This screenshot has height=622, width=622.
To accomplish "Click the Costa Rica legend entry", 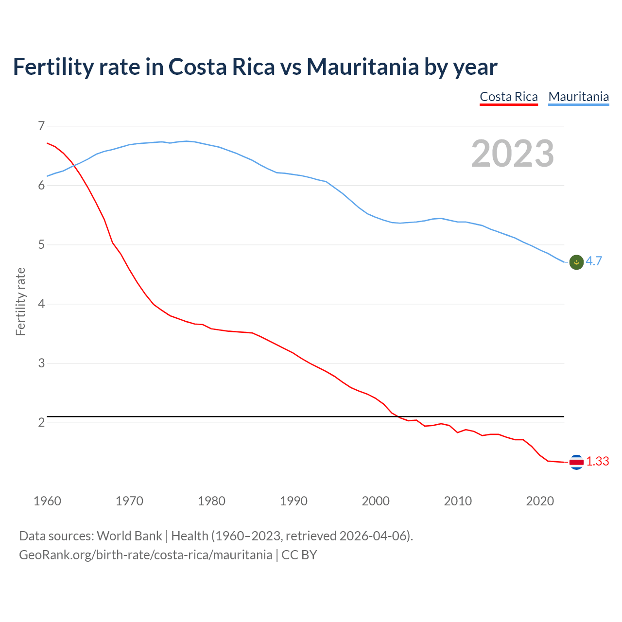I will coord(509,97).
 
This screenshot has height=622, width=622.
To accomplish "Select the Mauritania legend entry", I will coord(578,97).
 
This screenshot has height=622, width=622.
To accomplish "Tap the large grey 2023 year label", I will coord(513,154).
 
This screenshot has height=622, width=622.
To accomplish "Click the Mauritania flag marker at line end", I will coord(576,262).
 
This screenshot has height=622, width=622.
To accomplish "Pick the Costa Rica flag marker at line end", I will coord(576,462).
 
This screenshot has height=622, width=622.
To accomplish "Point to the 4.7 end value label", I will coord(594,261).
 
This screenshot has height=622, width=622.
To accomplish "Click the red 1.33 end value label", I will coord(598,462).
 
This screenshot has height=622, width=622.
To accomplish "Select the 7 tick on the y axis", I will coord(41,126).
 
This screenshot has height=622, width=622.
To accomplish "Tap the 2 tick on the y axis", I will coord(41,423).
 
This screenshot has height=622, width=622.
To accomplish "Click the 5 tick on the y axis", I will coord(41,245).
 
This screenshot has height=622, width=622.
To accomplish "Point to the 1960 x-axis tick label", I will coord(47,501).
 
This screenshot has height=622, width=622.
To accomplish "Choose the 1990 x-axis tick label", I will coord(294,501).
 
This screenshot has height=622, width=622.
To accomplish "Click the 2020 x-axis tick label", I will coord(540,501).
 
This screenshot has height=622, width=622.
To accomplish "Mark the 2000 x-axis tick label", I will coord(376,501).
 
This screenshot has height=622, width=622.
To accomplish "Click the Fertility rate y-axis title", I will coord(20,301).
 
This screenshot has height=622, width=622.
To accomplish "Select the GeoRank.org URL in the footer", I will coord(146,555).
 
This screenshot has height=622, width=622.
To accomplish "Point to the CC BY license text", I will coord(299,555).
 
